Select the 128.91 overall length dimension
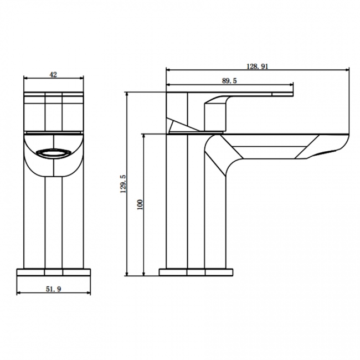[257, 65]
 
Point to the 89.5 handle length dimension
[229, 81]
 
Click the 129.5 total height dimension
[123, 184]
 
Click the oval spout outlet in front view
[53, 153]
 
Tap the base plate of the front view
[54, 272]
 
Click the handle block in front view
[54, 114]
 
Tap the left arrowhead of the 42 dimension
[26, 78]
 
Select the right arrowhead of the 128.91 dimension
[348, 70]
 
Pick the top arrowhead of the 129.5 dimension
[127, 95]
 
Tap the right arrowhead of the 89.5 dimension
[291, 86]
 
